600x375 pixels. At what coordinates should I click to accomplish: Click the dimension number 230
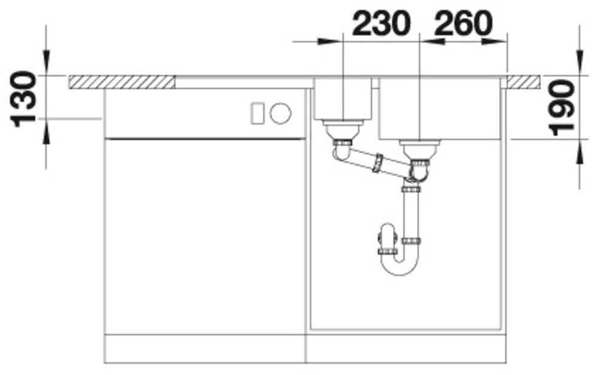pyautogui.click(x=381, y=24)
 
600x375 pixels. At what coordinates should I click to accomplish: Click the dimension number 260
pyautogui.click(x=463, y=24)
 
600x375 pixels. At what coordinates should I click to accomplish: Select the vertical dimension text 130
pyautogui.click(x=24, y=99)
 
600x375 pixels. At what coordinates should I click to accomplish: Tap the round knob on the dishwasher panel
pyautogui.click(x=281, y=114)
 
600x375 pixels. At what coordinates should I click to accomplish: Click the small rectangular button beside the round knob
pyautogui.click(x=257, y=114)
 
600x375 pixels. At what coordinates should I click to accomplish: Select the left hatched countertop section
pyautogui.click(x=122, y=82)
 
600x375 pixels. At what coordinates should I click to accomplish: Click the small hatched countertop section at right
pyautogui.click(x=524, y=82)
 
